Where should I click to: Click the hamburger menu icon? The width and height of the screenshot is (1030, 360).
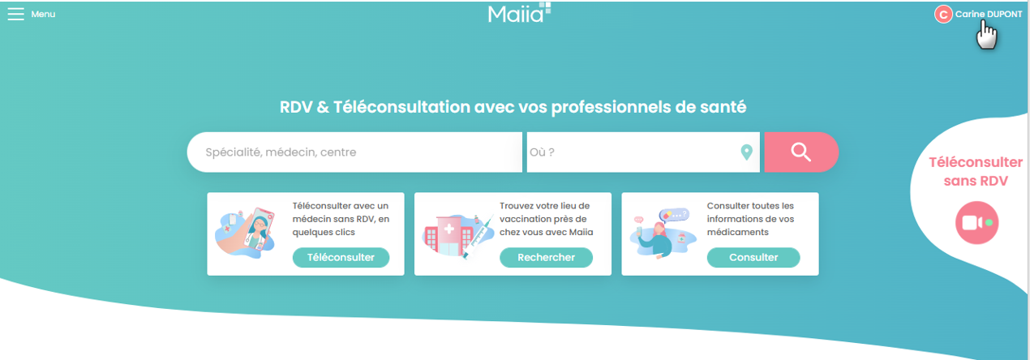coord(15,14)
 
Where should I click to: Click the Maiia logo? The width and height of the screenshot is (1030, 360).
coord(519,13)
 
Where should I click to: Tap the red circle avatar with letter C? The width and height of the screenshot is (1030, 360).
coord(943,15)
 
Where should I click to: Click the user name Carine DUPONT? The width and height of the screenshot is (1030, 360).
coord(989,15)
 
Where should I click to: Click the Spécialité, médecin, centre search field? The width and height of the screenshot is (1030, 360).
coord(354,152)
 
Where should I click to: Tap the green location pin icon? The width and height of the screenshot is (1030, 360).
coord(747,152)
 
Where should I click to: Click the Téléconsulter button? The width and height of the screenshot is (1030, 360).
coord(341,258)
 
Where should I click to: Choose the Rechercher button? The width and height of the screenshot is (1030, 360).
coord(547,258)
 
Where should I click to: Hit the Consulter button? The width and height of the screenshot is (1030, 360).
coord(753,258)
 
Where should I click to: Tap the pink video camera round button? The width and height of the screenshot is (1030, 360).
coord(976,223)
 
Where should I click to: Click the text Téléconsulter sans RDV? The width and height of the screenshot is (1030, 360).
coord(976,172)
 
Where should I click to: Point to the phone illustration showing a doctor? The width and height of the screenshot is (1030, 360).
coord(259,231)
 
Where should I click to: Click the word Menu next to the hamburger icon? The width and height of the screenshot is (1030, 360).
coord(43,15)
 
